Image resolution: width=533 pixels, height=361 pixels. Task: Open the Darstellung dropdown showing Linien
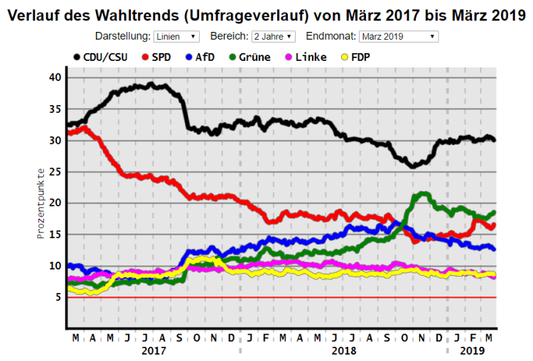pyautogui.click(x=176, y=36)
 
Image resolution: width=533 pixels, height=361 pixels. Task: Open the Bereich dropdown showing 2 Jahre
pyautogui.click(x=274, y=36)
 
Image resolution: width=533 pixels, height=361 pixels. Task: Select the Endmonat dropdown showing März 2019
pyautogui.click(x=399, y=36)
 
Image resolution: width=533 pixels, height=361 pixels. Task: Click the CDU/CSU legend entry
pyautogui.click(x=100, y=57)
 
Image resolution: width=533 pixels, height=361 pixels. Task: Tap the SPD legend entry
pyautogui.click(x=159, y=57)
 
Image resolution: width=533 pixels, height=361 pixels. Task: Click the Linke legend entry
pyautogui.click(x=306, y=57)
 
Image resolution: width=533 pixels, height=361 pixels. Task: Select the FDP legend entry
pyautogui.click(x=355, y=57)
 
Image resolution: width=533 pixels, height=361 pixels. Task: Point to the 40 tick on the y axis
pyautogui.click(x=56, y=77)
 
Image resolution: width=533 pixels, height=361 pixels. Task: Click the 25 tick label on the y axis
pyautogui.click(x=56, y=172)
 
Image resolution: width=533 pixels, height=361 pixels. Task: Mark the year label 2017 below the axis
pyautogui.click(x=154, y=350)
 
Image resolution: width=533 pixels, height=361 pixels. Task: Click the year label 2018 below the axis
pyautogui.click(x=343, y=350)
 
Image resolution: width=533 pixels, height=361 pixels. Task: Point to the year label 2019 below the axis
pyautogui.click(x=472, y=350)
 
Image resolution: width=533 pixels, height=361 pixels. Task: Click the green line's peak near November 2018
pyautogui.click(x=424, y=193)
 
